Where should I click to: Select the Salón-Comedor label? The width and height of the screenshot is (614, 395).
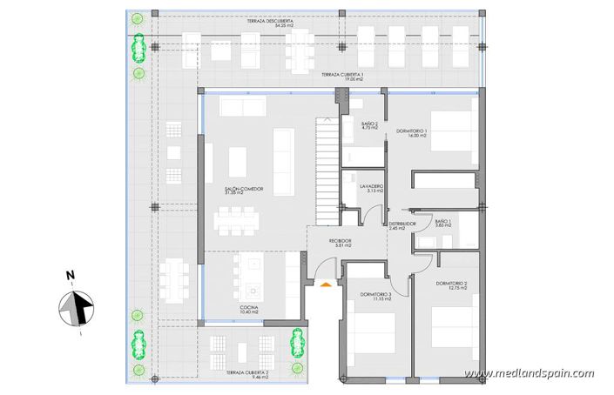click(244, 191)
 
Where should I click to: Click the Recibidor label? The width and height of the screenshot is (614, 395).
click(340, 243)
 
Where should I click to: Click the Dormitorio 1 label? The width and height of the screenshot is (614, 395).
click(412, 132)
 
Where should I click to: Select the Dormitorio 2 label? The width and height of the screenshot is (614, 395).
click(452, 286)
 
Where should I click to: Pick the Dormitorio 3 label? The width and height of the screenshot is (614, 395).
click(376, 298)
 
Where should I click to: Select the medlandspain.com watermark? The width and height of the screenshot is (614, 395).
click(530, 374)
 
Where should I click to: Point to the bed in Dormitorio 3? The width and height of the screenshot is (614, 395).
click(374, 340)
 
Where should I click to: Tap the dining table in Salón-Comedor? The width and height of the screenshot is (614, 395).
click(235, 218)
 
